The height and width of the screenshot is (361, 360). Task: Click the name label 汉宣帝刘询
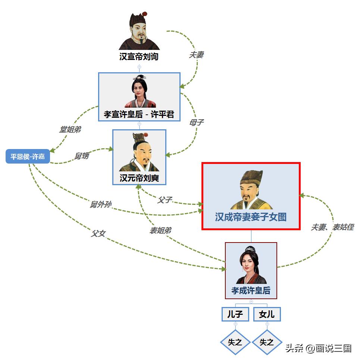tap(139, 57)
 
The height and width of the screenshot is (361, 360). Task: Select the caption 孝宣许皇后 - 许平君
tap(139, 114)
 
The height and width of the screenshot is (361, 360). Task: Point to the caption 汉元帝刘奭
tap(139, 178)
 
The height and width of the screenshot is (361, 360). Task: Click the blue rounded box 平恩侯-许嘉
tap(28, 156)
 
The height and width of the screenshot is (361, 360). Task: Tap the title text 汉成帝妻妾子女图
tap(251, 217)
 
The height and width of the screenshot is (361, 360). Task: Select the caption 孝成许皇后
tap(251, 291)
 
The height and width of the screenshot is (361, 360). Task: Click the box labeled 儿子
tap(235, 314)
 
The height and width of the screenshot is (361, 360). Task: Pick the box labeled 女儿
tap(267, 314)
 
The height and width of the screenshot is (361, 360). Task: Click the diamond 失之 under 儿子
tap(235, 342)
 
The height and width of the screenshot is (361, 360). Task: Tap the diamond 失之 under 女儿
tap(267, 342)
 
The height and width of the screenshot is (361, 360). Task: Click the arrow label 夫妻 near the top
tap(196, 55)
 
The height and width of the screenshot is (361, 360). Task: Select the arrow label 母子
tap(196, 122)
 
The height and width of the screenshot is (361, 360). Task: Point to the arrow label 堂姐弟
tap(70, 130)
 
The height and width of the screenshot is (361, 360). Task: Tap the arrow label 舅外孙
tap(100, 205)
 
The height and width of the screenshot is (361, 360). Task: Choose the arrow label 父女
tap(98, 234)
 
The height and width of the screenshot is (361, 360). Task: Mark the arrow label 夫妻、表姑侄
tap(332, 227)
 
